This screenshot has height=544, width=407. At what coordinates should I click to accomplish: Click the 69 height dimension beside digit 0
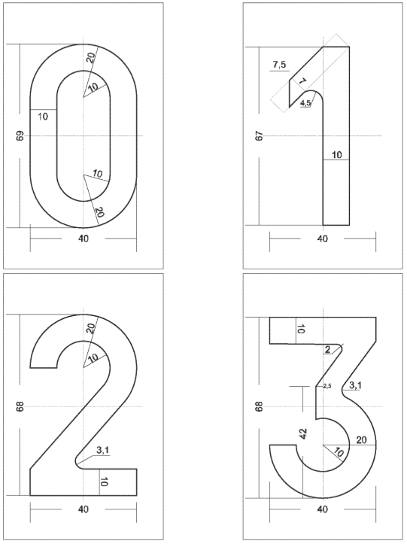[x=20, y=135]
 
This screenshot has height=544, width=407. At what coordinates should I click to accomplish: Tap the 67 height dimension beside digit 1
[x=260, y=135]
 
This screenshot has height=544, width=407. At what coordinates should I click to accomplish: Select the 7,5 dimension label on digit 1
[x=279, y=65]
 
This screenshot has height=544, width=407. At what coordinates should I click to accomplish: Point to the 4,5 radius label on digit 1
[x=305, y=102]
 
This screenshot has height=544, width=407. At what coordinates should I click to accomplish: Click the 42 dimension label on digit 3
[x=303, y=434]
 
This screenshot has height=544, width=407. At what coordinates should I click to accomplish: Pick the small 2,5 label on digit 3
[x=327, y=386]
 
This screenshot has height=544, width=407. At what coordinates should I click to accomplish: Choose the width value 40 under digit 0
[x=84, y=239]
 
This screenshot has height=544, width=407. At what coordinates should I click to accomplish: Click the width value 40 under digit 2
[x=84, y=509]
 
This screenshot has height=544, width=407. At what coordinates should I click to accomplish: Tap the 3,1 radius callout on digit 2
[x=103, y=451]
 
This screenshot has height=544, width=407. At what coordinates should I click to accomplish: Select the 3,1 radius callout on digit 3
[x=355, y=385]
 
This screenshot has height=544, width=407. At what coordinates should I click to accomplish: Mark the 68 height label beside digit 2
[x=20, y=406]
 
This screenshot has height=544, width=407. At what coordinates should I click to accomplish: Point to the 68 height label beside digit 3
[x=260, y=406]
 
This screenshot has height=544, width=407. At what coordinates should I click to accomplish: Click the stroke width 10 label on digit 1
[x=336, y=155]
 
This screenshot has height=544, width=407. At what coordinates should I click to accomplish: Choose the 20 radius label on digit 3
[x=361, y=440]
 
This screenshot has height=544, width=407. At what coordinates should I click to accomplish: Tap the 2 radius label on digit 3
[x=327, y=350]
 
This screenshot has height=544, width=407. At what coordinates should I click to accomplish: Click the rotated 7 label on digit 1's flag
[x=302, y=81]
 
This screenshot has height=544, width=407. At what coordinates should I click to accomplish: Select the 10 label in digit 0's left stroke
[x=43, y=117]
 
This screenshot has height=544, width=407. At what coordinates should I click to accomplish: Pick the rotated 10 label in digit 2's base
[x=104, y=482]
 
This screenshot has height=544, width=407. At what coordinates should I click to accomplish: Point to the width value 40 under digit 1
[x=323, y=239]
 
